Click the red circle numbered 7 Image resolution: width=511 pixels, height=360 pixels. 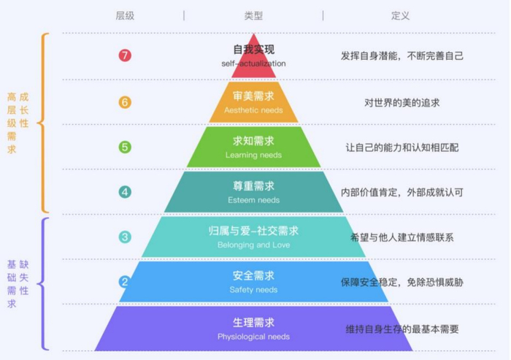tap(125, 55)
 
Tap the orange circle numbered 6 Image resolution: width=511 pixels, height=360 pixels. tap(125, 102)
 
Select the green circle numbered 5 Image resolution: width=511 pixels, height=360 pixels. tap(125, 147)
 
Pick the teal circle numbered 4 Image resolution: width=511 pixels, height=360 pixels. tap(125, 192)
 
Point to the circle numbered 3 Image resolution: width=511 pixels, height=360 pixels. tap(125, 237)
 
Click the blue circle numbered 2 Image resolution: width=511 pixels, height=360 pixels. tap(125, 282)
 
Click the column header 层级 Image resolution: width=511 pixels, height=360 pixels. tap(125, 15)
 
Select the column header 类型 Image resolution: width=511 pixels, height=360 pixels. tap(253, 15)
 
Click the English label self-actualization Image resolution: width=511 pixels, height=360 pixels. tap(253, 64)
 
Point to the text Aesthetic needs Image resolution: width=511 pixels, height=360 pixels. tap(253, 110)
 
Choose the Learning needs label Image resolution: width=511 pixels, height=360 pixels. tap(253, 155)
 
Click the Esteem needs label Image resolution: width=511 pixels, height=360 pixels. tap(253, 200)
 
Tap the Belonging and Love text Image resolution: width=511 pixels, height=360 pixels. tap(253, 245)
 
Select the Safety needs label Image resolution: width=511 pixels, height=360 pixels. tap(253, 290)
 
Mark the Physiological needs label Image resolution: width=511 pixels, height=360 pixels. tap(253, 337)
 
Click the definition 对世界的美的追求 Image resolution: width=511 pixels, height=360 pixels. tap(402, 102)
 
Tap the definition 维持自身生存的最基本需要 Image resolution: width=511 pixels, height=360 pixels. tap(402, 329)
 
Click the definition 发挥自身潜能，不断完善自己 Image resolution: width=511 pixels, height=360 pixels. tap(402, 55)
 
